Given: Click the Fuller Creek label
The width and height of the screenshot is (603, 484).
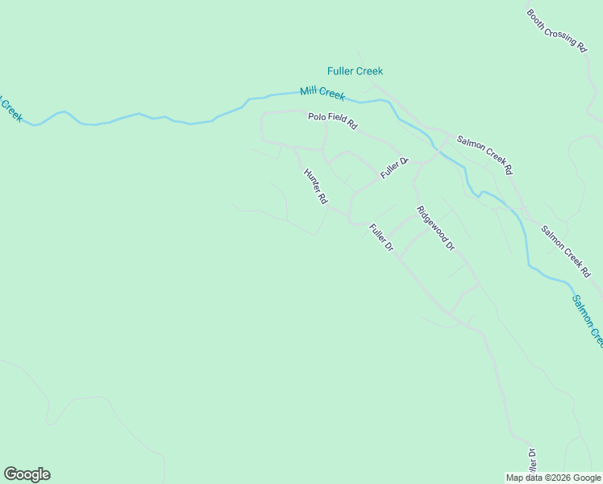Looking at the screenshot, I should pyautogui.click(x=355, y=71).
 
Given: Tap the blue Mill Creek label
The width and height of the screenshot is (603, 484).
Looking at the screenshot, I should pyautogui.click(x=322, y=94).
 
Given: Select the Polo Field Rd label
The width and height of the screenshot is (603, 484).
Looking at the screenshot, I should pyautogui.click(x=332, y=122).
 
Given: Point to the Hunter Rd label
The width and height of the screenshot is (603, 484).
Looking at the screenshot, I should pyautogui.click(x=315, y=186).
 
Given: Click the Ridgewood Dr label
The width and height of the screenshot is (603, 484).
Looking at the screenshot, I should pyautogui.click(x=435, y=228).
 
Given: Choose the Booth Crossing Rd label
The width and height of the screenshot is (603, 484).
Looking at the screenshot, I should pyautogui.click(x=556, y=31).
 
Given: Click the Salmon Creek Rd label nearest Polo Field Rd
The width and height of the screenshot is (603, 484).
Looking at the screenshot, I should pyautogui.click(x=484, y=154).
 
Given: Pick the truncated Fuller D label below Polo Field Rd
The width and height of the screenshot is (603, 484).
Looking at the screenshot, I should pyautogui.click(x=395, y=168).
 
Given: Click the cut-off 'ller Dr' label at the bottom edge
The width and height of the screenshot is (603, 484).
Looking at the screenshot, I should pyautogui.click(x=531, y=463).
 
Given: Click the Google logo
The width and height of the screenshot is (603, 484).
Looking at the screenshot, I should pyautogui.click(x=27, y=474).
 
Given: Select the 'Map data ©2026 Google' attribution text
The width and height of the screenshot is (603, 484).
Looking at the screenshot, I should pyautogui.click(x=553, y=478).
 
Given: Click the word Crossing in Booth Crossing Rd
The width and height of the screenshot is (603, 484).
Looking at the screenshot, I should pyautogui.click(x=558, y=32).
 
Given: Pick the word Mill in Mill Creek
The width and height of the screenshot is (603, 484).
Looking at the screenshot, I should pyautogui.click(x=310, y=91).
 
